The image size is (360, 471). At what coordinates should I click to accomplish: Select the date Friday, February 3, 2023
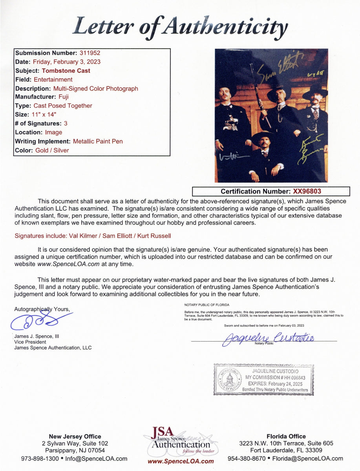click(x=66, y=62)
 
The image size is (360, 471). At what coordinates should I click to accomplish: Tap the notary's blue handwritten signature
click(x=267, y=338)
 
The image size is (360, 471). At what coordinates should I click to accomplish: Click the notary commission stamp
click(x=263, y=380)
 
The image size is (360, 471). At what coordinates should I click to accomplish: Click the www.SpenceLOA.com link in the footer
click(x=181, y=462)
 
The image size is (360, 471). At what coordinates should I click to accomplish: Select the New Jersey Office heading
click(x=75, y=436)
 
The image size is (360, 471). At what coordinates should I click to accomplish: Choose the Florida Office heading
click(x=285, y=436)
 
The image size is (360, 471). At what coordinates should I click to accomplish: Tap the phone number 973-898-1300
click(x=40, y=458)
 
